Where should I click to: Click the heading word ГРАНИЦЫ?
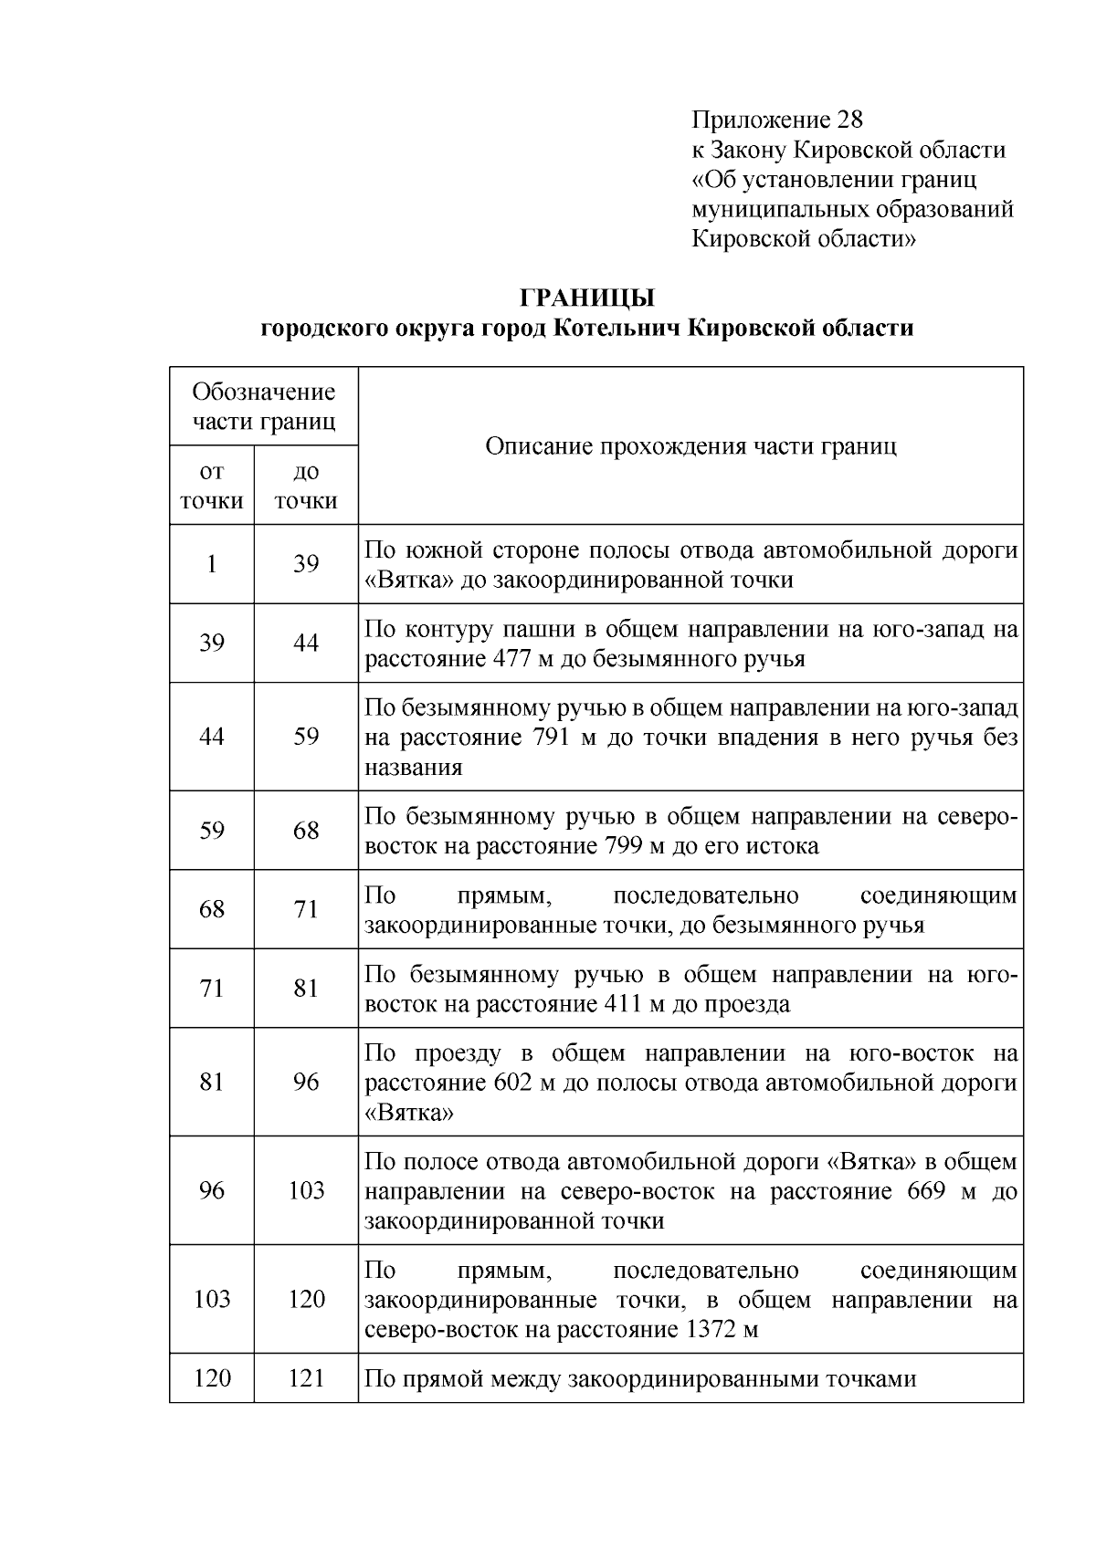[x=587, y=298]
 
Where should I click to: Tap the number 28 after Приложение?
[x=848, y=120]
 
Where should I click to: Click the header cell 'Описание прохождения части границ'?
[x=690, y=445]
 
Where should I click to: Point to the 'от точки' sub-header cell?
[x=212, y=486]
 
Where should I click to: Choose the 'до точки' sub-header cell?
[x=306, y=486]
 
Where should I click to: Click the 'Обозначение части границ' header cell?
[x=263, y=406]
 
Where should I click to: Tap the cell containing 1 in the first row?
[x=212, y=563]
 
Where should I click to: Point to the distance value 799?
[x=624, y=846]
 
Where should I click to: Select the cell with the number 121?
[x=306, y=1378]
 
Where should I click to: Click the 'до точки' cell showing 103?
[x=306, y=1190]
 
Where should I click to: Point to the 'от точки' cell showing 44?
[x=212, y=737]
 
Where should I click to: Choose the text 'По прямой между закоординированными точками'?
[x=639, y=1378]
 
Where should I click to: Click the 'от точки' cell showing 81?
[x=212, y=1083]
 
